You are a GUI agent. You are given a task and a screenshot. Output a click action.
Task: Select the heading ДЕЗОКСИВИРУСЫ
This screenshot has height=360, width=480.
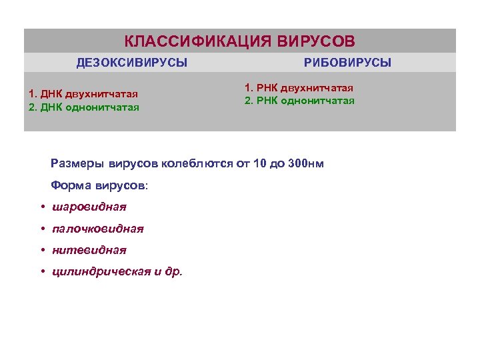[132, 63]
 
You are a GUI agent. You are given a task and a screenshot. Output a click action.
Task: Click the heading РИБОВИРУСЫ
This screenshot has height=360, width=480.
[347, 63]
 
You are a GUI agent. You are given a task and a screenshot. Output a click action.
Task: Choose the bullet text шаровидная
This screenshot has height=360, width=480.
[89, 207]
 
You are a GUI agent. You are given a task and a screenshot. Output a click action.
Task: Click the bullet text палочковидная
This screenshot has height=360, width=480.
[98, 229]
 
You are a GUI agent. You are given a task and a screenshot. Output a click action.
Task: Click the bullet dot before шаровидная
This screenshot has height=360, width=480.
[43, 207]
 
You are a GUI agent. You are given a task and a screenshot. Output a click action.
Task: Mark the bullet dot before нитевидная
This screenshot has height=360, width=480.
[43, 250]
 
